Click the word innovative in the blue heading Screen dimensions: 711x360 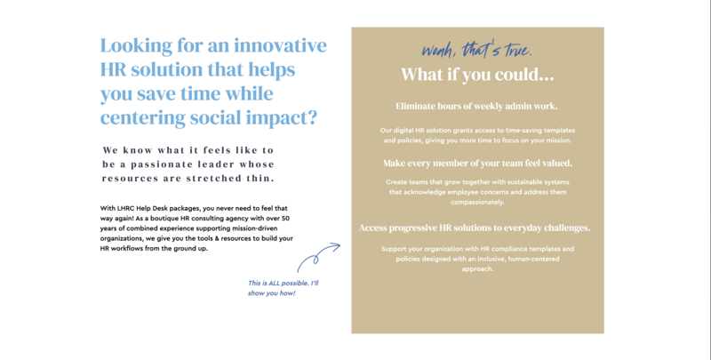[280, 45]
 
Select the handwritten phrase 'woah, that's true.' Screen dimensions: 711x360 [476, 49]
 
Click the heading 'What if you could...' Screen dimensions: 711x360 [477, 75]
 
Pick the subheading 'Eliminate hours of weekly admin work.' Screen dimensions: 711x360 [476, 106]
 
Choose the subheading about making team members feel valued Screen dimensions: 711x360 [477, 164]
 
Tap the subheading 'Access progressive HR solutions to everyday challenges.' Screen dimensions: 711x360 [475, 228]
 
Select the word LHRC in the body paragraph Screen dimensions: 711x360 [125, 209]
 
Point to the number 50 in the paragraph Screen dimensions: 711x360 [285, 219]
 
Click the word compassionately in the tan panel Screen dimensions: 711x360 [477, 202]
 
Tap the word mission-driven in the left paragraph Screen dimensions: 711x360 [255, 228]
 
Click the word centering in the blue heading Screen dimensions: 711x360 [143, 118]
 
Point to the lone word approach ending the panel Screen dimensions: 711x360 [477, 269]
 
